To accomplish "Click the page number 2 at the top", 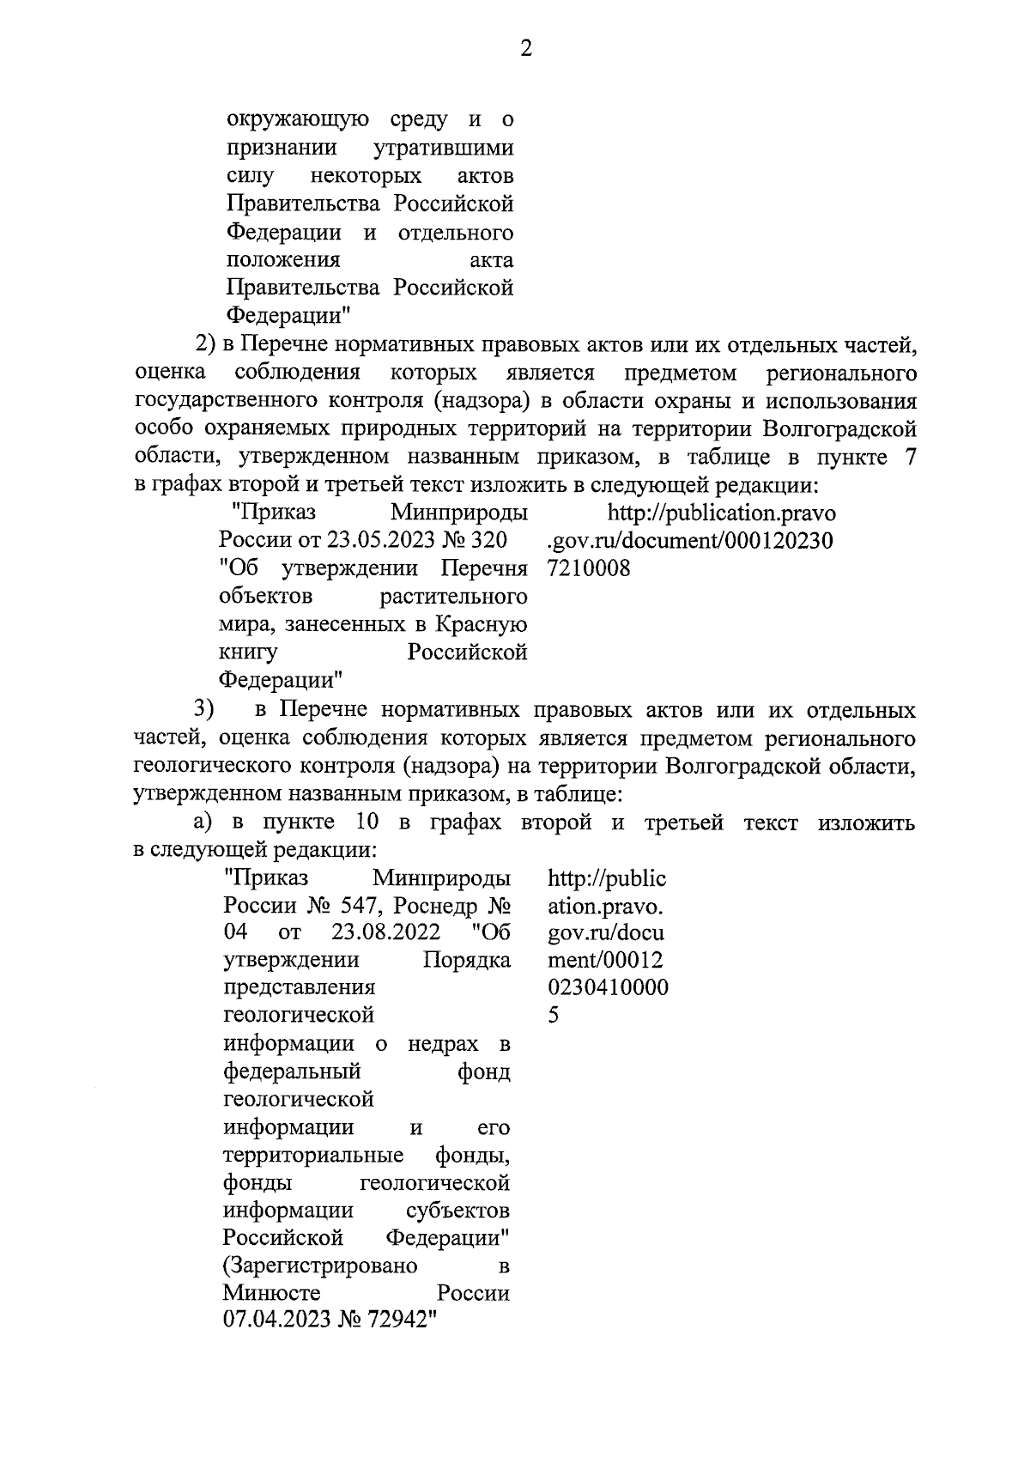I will click(x=526, y=50).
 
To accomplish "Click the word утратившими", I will click(x=444, y=149).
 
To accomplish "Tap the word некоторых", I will click(x=367, y=177).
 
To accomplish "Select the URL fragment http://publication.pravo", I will click(x=721, y=513).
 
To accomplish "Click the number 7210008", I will click(x=588, y=568).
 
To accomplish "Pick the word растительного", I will click(x=453, y=596).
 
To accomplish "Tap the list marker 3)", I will click(x=203, y=710).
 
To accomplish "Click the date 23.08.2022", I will click(x=385, y=933).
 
